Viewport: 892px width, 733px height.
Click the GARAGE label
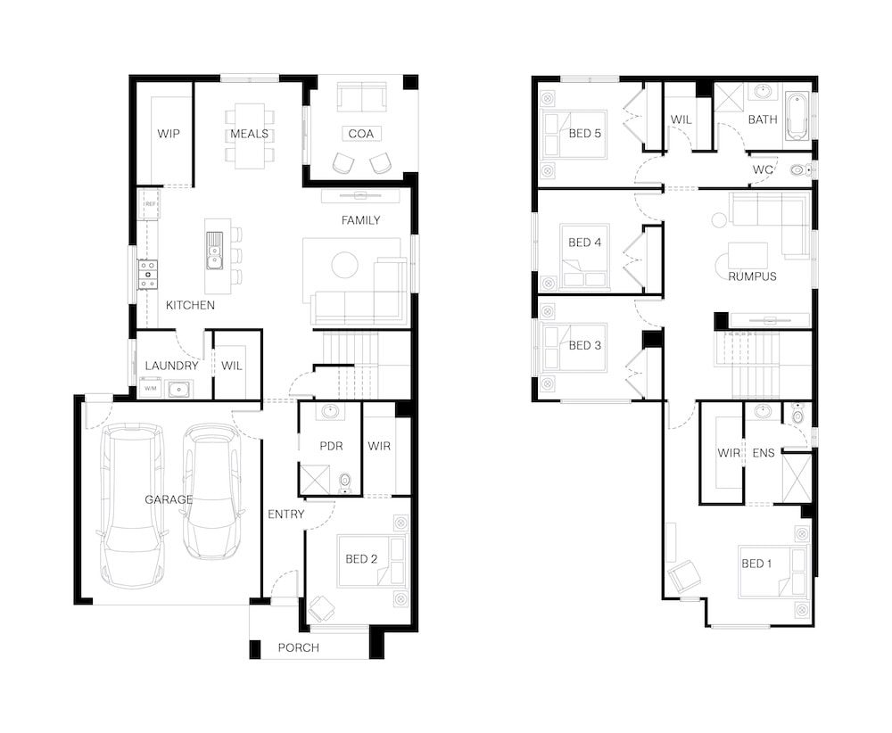pos(169,499)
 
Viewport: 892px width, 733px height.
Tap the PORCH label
pos(298,647)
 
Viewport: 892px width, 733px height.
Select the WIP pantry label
pos(169,134)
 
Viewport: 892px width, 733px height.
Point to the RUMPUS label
pos(752,276)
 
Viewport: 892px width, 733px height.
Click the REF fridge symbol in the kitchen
pos(150,204)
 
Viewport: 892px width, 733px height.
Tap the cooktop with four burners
pos(148,275)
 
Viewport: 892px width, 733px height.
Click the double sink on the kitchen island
pos(214,250)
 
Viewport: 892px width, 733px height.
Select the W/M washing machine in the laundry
pos(150,389)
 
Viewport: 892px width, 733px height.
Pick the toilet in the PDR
pos(345,484)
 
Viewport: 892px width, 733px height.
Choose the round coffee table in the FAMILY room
pos(344,265)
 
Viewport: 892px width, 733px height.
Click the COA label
pos(360,134)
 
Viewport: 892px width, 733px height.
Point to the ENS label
pos(764,453)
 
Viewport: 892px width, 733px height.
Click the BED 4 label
pos(585,243)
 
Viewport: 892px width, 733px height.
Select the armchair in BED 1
pos(685,577)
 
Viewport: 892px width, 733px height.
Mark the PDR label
pos(331,446)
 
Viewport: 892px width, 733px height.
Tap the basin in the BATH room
pos(764,92)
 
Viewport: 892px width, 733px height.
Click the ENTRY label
pos(285,514)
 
